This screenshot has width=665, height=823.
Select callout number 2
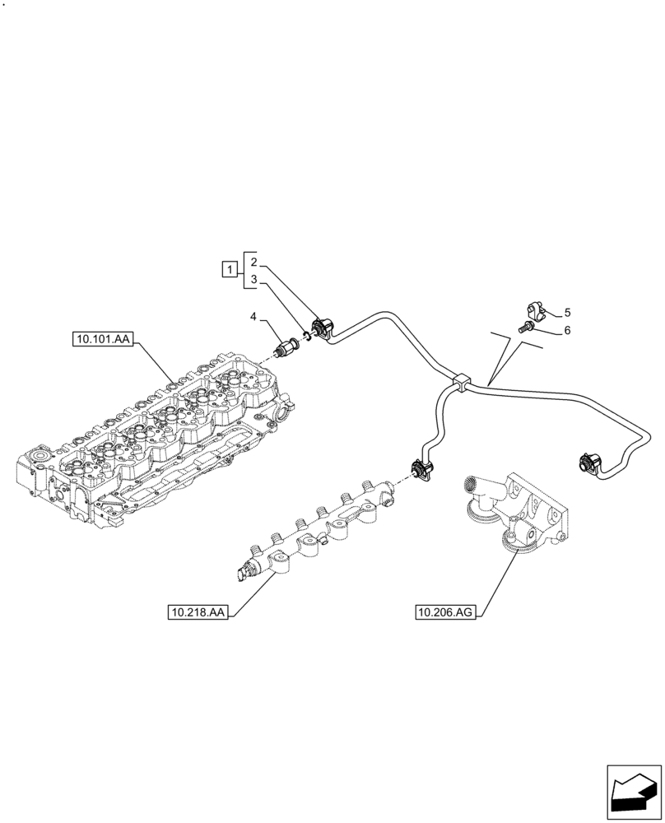pyautogui.click(x=255, y=262)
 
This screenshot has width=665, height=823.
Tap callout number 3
pyautogui.click(x=255, y=280)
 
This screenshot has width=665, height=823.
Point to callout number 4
pyautogui.click(x=254, y=316)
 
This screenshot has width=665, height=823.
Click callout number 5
pyautogui.click(x=568, y=313)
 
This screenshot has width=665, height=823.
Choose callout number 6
pyautogui.click(x=568, y=331)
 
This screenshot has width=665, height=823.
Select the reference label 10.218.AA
pyautogui.click(x=200, y=612)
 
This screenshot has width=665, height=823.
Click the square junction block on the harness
pyautogui.click(x=461, y=381)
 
